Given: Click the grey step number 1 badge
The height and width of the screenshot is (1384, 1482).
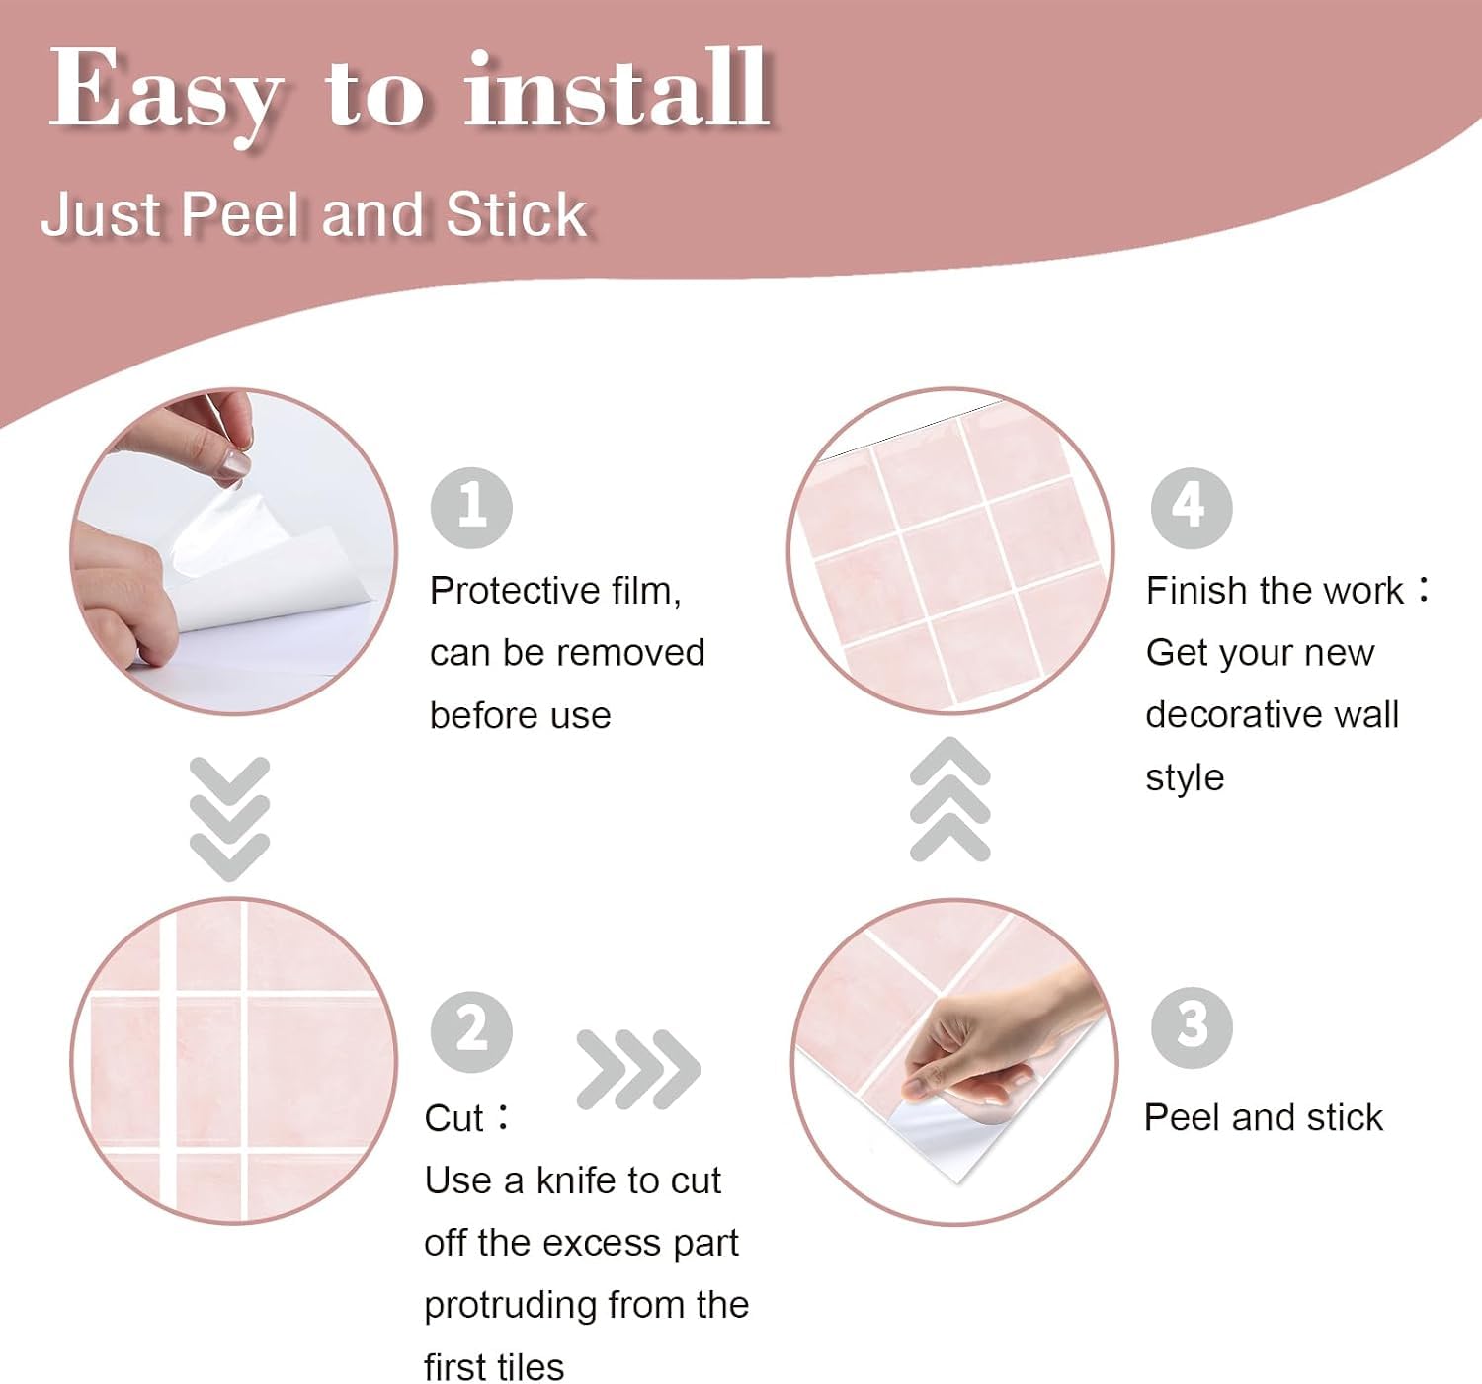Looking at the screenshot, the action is [471, 508].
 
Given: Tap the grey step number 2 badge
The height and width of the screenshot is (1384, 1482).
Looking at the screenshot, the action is [471, 1031].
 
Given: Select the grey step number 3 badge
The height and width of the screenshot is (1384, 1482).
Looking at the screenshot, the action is [1192, 1027].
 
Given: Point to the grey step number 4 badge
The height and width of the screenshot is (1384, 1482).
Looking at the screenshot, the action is [1191, 508].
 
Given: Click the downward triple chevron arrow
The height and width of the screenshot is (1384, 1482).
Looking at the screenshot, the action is [229, 818].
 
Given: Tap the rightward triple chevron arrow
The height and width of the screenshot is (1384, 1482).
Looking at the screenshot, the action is [639, 1069].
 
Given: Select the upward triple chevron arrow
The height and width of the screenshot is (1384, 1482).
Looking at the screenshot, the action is [949, 799].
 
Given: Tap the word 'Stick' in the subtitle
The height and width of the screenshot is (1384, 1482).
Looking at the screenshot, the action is [517, 215].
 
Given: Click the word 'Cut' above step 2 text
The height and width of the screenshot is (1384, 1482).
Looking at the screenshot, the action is [453, 1118].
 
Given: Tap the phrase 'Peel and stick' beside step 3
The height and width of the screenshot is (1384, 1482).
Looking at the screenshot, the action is [1264, 1117].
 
